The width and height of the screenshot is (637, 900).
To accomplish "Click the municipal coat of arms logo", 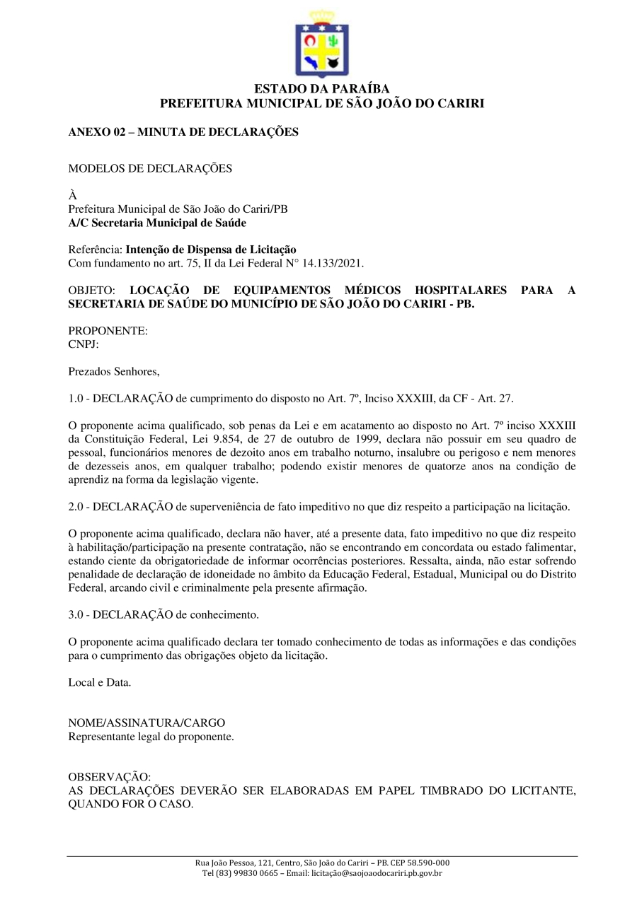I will click(322, 44).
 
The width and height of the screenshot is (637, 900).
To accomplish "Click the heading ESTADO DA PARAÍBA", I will click(322, 90).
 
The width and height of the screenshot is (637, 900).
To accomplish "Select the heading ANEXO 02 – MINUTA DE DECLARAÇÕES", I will click(183, 132).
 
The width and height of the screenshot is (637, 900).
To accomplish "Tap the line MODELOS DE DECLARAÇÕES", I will click(150, 168).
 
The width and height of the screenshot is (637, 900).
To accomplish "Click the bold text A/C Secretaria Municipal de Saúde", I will click(157, 223).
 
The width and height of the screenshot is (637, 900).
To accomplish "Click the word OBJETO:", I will click(91, 291).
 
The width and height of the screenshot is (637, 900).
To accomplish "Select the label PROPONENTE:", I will click(108, 331).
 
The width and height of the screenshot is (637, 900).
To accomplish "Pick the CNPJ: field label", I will click(84, 344).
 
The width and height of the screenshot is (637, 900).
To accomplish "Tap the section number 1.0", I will click(76, 398).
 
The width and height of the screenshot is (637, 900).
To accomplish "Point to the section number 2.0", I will click(76, 507).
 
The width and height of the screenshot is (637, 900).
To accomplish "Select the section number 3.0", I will click(76, 615).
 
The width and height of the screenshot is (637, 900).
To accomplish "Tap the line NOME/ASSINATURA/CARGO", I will click(147, 723).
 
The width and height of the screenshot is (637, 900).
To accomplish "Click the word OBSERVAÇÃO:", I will click(110, 777).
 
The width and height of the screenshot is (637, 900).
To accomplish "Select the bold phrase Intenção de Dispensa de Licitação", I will click(211, 250).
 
